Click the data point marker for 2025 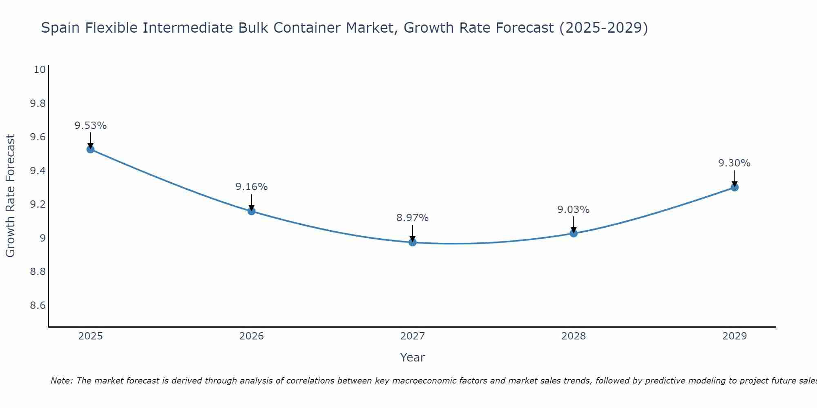(90, 149)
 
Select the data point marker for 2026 (252, 211)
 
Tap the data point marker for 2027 (413, 242)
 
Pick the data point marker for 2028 (574, 233)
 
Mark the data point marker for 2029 (734, 188)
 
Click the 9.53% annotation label (90, 126)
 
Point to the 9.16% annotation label (252, 187)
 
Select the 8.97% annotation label (413, 218)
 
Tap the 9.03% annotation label (574, 210)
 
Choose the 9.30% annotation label (734, 163)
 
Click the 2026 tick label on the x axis (252, 336)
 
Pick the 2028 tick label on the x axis (574, 336)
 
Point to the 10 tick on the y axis (40, 70)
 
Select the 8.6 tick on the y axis (38, 306)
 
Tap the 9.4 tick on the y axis (38, 171)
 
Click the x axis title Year (413, 357)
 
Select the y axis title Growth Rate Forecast (11, 196)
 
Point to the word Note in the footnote (61, 381)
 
